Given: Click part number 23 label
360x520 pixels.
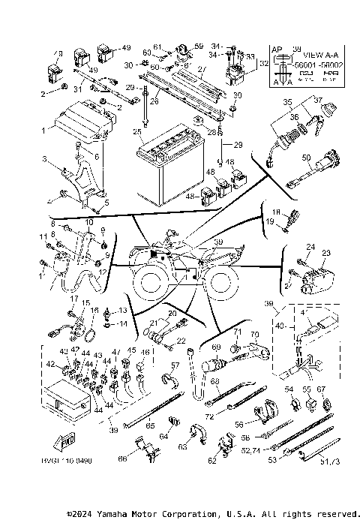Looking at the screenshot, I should (325, 254).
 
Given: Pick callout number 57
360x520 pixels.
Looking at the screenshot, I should (175, 365).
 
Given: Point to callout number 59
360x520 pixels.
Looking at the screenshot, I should (199, 47).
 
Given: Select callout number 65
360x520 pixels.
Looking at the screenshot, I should (150, 425).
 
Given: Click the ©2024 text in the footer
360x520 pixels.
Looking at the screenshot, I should (80, 514).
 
